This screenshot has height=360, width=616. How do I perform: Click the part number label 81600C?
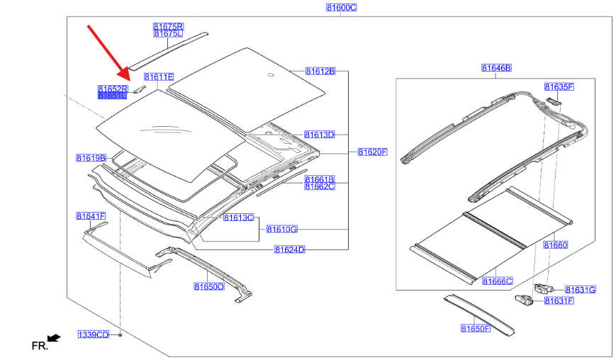[341, 7]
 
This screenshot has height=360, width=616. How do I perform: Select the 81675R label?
[168, 26]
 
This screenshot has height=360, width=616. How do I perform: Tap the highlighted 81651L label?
[112, 96]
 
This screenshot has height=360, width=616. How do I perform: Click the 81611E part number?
[159, 77]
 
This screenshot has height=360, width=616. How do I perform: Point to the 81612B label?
[320, 71]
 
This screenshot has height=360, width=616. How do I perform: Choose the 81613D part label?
[320, 134]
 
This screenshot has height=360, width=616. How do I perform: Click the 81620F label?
[372, 152]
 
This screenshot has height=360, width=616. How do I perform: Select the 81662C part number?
[320, 186]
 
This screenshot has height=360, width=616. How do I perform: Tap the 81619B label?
[91, 157]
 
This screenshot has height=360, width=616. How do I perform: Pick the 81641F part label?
[91, 215]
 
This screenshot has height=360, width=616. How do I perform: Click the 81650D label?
[208, 286]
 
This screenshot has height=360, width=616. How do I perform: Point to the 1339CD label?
[93, 334]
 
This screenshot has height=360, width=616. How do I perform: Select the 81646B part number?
[496, 68]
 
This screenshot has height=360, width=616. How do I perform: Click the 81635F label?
[559, 86]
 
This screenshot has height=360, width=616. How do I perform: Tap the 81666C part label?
[497, 281]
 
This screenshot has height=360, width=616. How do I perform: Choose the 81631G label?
[580, 289]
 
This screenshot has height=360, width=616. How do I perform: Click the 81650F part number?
[475, 328]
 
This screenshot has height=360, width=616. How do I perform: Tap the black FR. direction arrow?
[53, 338]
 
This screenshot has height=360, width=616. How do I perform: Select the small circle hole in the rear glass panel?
[270, 74]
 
